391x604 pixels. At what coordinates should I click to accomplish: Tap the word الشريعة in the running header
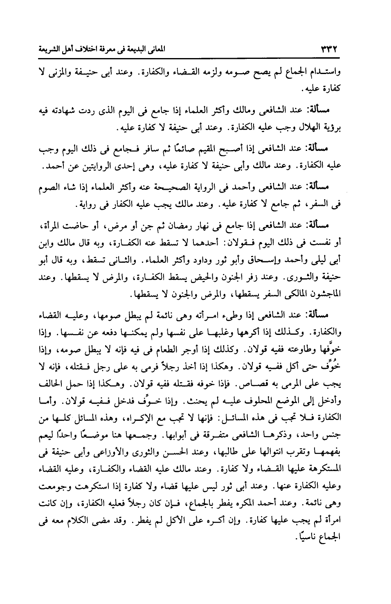click(x=47, y=51)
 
